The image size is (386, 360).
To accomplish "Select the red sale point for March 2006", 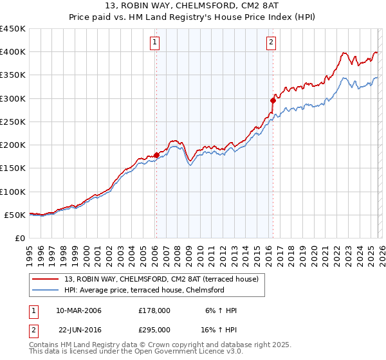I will point(156,155).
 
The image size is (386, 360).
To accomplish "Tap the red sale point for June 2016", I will point(273,100).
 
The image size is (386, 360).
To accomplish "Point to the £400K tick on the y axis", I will point(13,52).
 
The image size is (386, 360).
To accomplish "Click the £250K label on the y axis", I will point(13,122).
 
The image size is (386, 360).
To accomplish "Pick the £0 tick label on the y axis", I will point(20,238).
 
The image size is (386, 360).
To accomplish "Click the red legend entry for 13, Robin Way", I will point(161,279).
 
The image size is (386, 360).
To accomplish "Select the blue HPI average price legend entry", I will point(143,290).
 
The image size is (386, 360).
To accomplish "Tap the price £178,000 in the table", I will point(154,311).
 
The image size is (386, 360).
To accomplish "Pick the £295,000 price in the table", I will point(154,329).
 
